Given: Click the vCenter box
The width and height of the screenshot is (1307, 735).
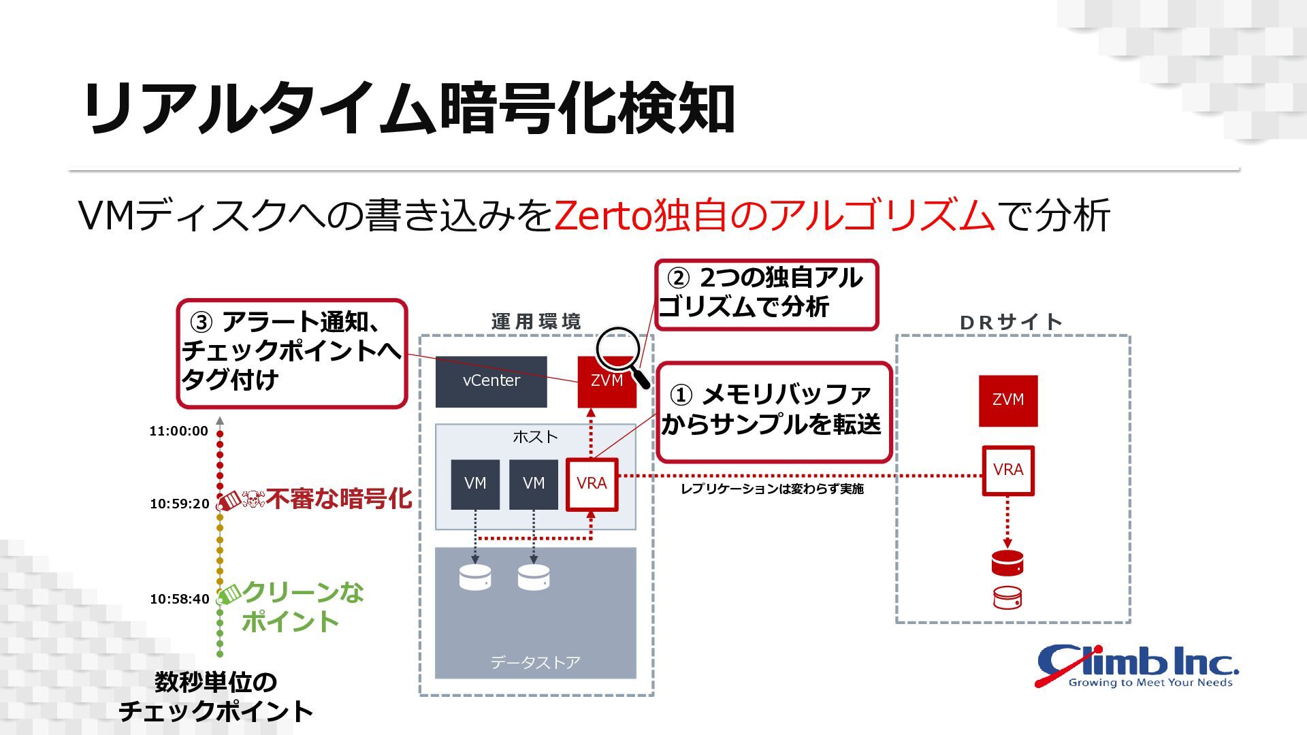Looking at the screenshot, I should (x=491, y=381).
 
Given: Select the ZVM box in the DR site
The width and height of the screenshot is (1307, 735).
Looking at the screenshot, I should (x=1007, y=400).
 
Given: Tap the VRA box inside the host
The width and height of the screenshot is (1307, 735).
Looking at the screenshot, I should (x=592, y=484).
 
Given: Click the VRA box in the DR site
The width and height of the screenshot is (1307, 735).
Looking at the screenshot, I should (x=1007, y=470).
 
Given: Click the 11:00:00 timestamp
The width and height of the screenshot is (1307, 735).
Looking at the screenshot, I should (x=178, y=431).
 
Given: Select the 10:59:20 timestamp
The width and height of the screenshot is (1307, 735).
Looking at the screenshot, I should (x=179, y=504).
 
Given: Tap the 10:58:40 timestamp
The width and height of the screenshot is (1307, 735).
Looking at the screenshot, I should (x=179, y=599).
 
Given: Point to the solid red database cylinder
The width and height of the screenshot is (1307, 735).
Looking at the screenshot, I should (x=1007, y=563).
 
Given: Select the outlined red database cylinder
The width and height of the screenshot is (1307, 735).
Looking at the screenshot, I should (x=1007, y=598).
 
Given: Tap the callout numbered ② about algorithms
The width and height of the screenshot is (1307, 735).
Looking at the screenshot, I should (x=767, y=295).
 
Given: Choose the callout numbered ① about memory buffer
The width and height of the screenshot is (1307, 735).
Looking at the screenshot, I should (x=774, y=411).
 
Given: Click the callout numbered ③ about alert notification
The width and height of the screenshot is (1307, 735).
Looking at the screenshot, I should (x=291, y=353).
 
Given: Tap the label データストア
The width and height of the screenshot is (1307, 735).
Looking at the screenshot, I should (x=535, y=662).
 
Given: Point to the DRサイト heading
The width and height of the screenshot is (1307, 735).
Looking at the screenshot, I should (x=1011, y=322).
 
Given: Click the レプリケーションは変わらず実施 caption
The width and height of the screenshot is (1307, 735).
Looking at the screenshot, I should (x=772, y=489).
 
